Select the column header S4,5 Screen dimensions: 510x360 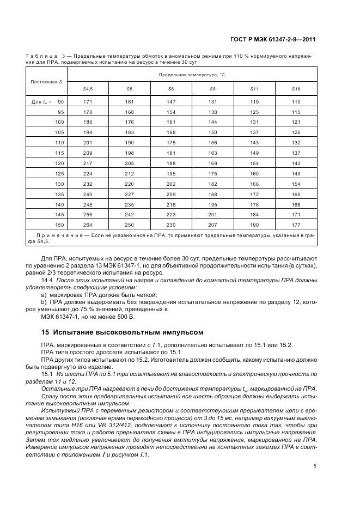87,88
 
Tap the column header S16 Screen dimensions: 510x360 296,88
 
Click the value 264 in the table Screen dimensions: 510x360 87,224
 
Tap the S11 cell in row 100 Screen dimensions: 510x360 254,122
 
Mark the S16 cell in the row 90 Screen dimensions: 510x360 296,102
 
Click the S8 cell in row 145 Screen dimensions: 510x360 212,214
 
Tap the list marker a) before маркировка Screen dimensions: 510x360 44,295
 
